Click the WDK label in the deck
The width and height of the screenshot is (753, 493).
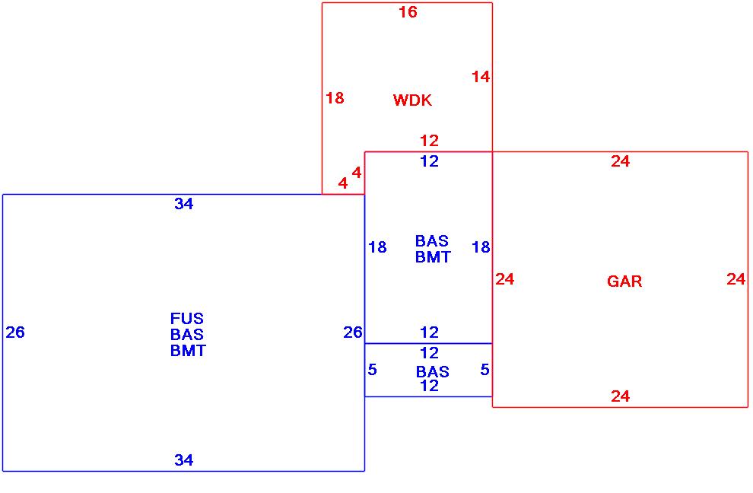(412, 100)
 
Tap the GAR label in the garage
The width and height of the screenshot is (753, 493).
(624, 281)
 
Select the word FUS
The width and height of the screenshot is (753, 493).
(187, 319)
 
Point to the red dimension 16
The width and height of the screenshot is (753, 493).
(408, 12)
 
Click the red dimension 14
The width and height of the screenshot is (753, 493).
(481, 77)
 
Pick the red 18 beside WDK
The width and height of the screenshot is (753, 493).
(335, 98)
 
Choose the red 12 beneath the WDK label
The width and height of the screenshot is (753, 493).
(430, 141)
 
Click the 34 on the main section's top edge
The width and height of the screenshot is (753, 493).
(184, 204)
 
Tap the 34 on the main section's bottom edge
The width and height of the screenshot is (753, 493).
(184, 460)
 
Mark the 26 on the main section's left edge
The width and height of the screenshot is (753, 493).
(15, 332)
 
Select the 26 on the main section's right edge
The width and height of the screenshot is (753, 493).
(353, 332)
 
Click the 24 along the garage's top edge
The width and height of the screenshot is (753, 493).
(621, 161)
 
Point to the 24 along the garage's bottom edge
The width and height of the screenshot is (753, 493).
(621, 396)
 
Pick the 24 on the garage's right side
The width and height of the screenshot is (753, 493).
(736, 279)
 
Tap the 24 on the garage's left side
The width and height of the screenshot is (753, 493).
(505, 279)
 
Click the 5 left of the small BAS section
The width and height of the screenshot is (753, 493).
(373, 370)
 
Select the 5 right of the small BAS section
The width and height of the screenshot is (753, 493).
(485, 370)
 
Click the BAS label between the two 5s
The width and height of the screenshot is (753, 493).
(432, 372)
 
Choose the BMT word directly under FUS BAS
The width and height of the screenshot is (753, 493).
(188, 351)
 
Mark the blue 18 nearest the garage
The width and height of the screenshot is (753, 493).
(481, 247)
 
